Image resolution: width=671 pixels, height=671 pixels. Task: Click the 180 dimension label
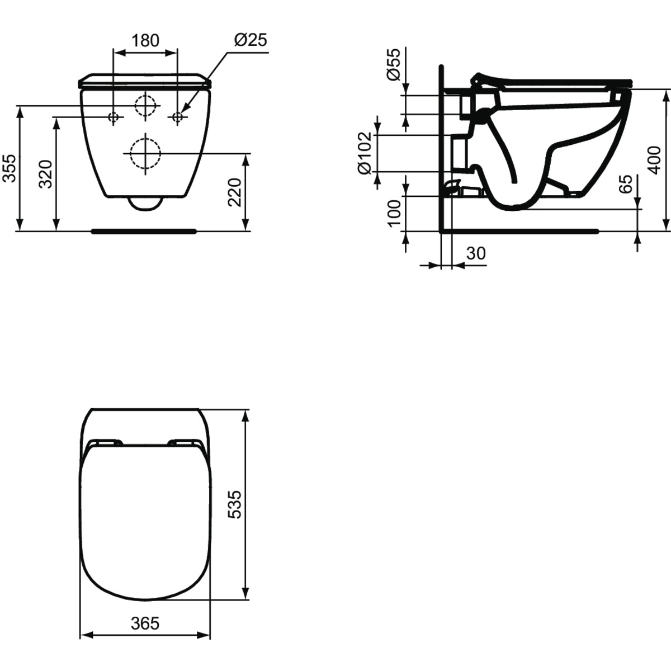[x=145, y=40]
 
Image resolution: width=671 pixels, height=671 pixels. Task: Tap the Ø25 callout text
[x=251, y=40]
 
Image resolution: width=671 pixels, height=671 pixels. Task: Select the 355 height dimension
[x=10, y=168]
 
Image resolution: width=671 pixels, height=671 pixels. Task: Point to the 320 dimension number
[x=46, y=174]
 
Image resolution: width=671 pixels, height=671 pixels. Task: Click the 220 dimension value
[x=235, y=192]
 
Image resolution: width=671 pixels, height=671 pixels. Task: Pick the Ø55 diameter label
[x=394, y=64]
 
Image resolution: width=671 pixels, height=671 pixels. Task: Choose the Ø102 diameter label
[x=365, y=153]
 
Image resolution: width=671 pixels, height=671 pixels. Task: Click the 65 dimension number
[x=625, y=184]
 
